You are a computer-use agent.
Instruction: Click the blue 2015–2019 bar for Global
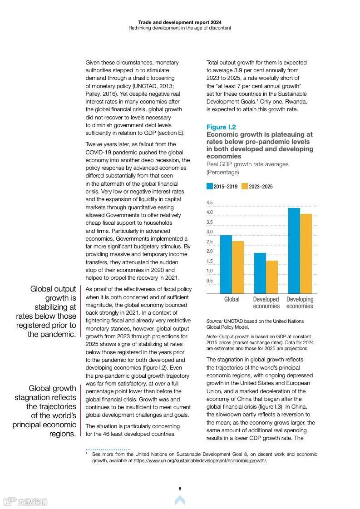(x=226, y=264)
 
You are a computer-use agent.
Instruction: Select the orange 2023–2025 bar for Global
(x=237, y=267)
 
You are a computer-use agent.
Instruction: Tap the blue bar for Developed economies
(x=260, y=273)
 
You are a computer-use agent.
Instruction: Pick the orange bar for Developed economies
(x=271, y=277)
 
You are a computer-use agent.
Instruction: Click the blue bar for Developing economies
(x=294, y=251)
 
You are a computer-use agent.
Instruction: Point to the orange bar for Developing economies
(x=306, y=253)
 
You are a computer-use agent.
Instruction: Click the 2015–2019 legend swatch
(x=210, y=187)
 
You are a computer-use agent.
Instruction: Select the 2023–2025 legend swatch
(x=245, y=187)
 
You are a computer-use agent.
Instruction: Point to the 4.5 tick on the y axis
(x=209, y=203)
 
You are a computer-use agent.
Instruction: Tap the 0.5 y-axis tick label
(x=209, y=281)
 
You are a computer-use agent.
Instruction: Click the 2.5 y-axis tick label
(x=209, y=242)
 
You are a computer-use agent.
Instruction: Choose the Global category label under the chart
(x=232, y=299)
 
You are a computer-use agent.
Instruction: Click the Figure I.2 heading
(x=221, y=127)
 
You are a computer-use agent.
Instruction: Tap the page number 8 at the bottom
(x=180, y=489)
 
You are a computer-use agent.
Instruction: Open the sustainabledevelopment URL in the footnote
(x=200, y=460)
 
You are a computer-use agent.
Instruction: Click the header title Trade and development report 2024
(x=180, y=22)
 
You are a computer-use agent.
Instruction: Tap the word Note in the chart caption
(x=212, y=336)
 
